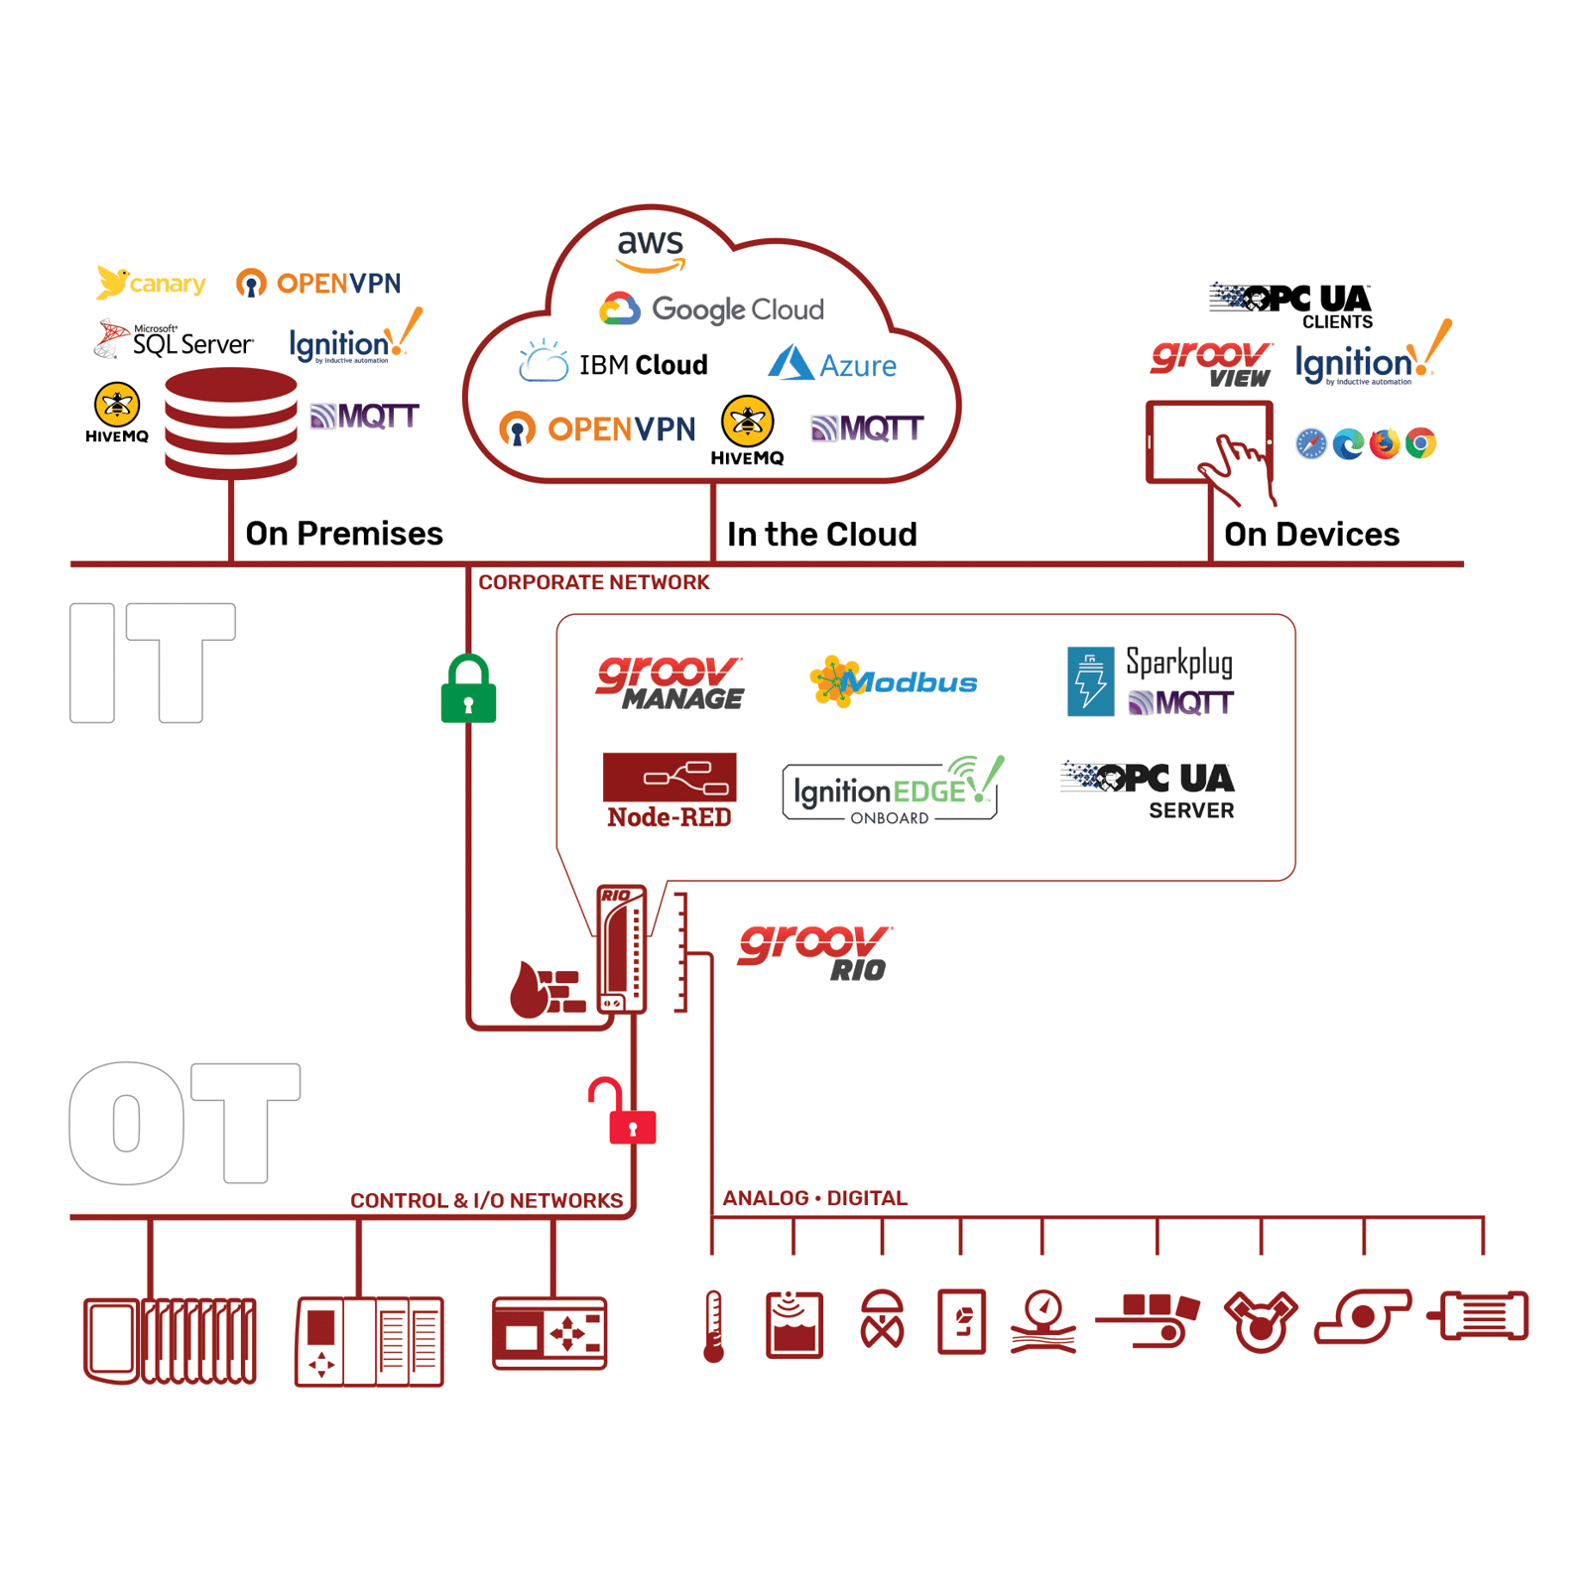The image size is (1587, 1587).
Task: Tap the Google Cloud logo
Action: [x=711, y=309]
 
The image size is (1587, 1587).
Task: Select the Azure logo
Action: [x=832, y=364]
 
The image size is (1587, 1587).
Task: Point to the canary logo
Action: [x=151, y=283]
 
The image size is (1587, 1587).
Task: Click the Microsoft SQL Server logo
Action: [x=175, y=340]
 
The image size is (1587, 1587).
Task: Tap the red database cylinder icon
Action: [x=231, y=422]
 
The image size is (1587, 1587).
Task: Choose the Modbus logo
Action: [x=894, y=681]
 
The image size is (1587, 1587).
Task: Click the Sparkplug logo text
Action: [x=1178, y=662]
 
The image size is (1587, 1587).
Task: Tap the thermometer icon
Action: [x=713, y=1325]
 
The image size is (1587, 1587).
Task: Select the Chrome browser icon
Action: [x=1420, y=443]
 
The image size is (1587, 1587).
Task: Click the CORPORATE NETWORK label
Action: [x=593, y=582]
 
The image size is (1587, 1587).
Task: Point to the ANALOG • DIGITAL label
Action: [x=814, y=1198]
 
